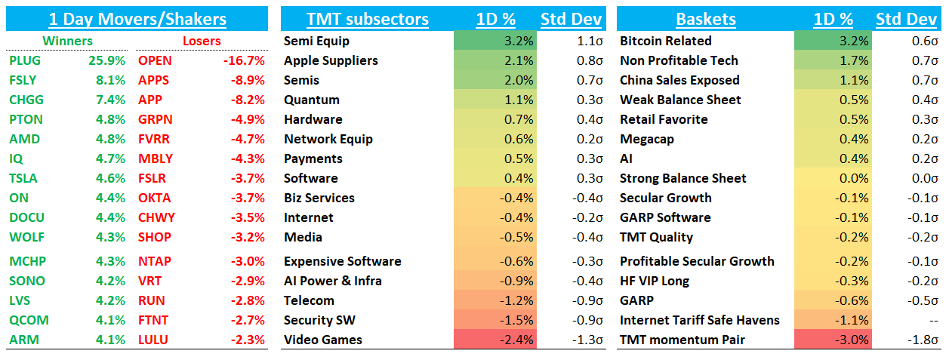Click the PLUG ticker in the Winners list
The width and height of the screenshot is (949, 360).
(26, 60)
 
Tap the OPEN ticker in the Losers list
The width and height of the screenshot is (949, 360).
(155, 60)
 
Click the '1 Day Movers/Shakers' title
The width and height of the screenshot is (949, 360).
(137, 19)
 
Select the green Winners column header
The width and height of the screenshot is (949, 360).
(67, 41)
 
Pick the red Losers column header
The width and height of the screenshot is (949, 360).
(202, 41)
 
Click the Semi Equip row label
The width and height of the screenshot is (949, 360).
(316, 41)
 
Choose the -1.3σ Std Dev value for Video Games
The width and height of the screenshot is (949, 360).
(583, 340)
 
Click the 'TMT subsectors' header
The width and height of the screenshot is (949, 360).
(367, 19)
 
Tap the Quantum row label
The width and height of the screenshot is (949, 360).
(312, 100)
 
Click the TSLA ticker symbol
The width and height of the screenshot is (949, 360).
(23, 178)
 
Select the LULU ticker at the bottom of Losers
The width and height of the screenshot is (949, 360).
(153, 340)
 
